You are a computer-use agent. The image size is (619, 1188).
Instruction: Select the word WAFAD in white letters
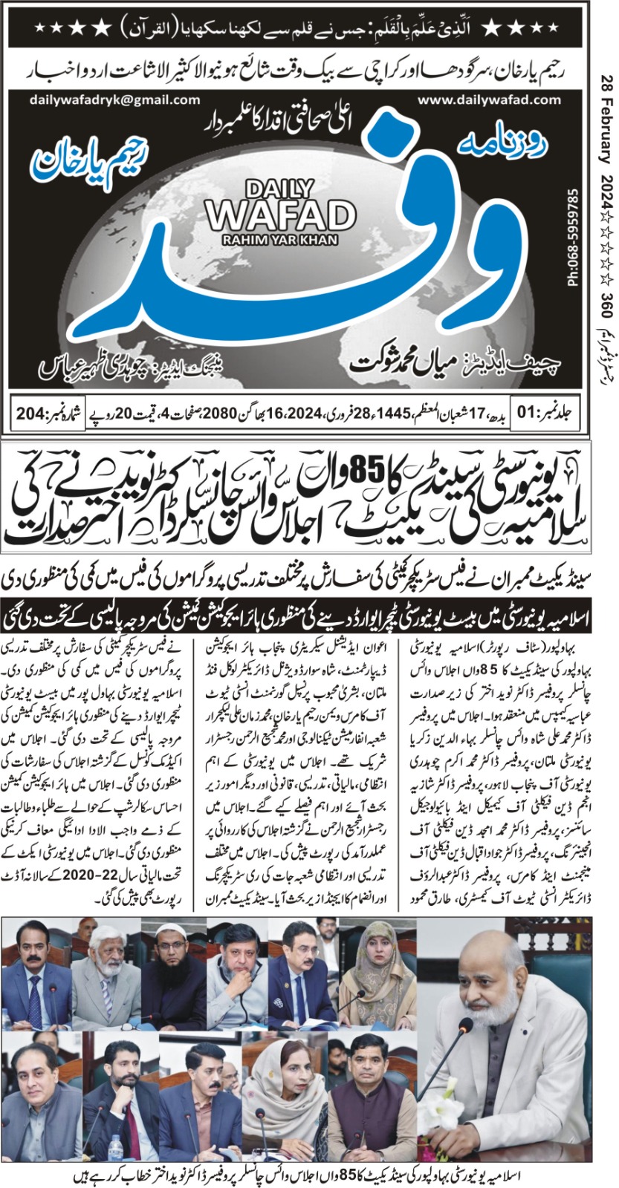[x=281, y=215]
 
